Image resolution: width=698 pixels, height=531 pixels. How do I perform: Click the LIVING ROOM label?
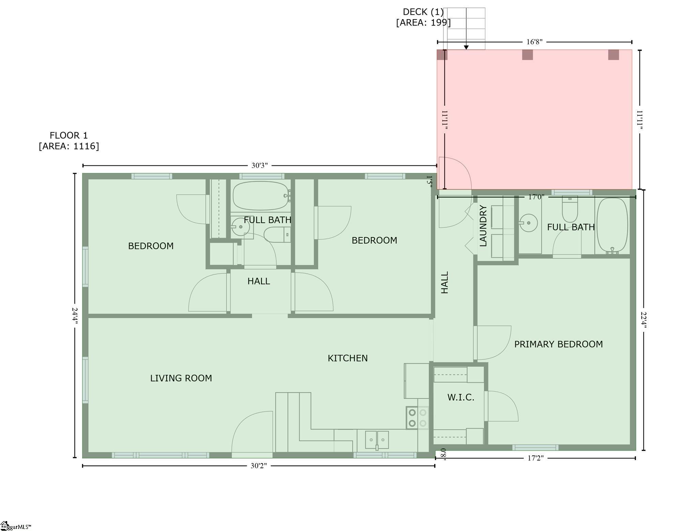click(181, 378)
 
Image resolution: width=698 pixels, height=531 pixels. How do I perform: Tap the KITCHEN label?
click(348, 358)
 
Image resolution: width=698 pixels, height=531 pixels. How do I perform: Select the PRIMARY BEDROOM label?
click(558, 344)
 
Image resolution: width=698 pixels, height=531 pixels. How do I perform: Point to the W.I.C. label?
click(461, 397)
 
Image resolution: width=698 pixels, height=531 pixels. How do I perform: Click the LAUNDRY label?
click(483, 226)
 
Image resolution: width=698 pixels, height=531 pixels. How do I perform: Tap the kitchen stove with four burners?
click(418, 418)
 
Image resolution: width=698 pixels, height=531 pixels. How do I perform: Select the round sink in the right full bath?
click(528, 223)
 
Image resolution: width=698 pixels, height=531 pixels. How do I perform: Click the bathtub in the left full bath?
click(262, 196)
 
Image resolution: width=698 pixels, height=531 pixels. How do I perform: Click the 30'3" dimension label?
click(260, 166)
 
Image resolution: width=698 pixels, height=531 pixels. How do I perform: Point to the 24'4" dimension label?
click(75, 316)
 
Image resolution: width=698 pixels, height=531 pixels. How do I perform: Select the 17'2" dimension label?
click(535, 458)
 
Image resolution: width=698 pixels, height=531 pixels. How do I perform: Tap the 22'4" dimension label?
click(643, 320)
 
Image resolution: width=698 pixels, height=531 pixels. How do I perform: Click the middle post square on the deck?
click(527, 55)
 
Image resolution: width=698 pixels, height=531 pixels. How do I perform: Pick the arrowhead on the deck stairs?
click(466, 47)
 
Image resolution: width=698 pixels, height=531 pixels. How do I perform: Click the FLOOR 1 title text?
click(69, 135)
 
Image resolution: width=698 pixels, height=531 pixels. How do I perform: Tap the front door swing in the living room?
click(252, 432)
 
